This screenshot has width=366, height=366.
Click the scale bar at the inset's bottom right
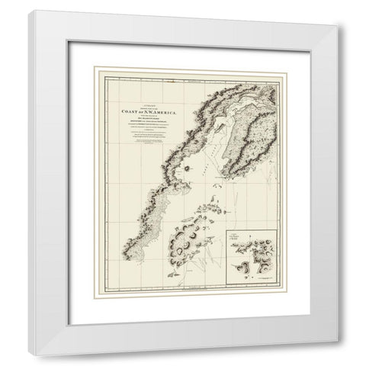point(271,281)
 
